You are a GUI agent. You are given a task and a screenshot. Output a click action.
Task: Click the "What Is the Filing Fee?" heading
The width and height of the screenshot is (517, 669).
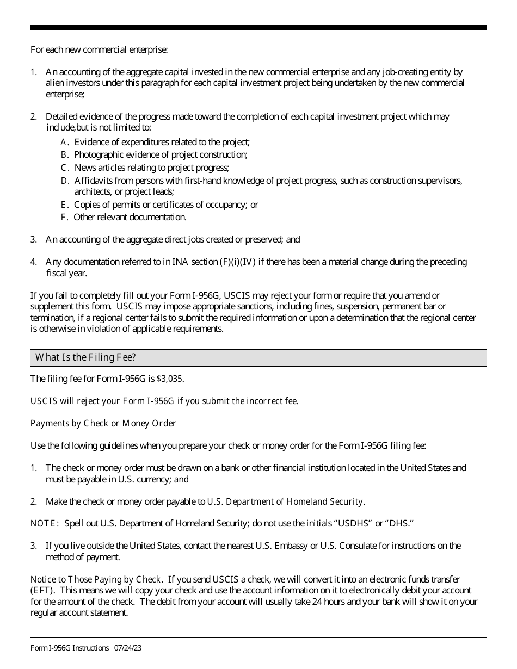[85, 357]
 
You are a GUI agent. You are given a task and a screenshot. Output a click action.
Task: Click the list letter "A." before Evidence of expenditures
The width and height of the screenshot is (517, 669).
[65, 142]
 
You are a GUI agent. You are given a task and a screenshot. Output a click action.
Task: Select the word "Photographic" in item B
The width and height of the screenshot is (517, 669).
[99, 154]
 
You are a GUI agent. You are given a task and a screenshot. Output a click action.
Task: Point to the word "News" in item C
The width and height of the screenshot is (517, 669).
[84, 168]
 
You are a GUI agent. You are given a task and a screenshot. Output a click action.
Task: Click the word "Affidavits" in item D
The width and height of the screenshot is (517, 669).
[94, 181]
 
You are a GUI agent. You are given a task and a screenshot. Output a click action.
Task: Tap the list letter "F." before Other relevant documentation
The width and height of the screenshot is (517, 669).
[64, 217]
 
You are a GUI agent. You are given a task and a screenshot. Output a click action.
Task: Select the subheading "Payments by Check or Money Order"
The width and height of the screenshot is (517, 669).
[103, 423]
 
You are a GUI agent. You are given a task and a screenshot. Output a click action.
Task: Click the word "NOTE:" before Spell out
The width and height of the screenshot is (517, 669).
[45, 523]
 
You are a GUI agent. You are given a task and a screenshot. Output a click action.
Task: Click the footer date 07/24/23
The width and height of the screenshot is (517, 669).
[128, 648]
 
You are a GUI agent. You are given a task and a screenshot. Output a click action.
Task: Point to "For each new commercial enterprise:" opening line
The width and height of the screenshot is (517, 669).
[99, 49]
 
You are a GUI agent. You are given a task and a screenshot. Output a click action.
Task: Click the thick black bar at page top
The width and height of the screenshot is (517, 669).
[258, 28]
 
